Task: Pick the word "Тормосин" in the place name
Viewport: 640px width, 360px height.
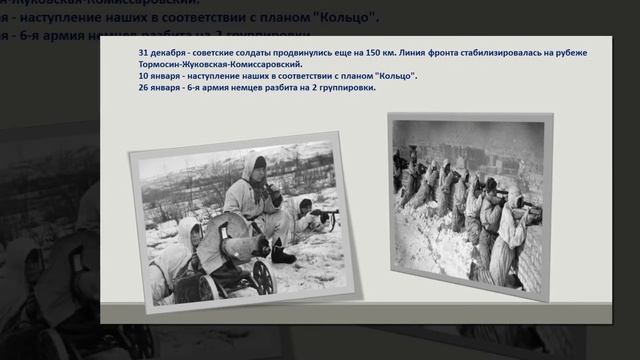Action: [x=161, y=63]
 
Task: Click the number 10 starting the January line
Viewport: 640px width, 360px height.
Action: [x=143, y=76]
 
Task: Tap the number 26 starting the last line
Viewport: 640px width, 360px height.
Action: [x=143, y=88]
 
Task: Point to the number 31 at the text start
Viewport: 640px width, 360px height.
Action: [x=143, y=52]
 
